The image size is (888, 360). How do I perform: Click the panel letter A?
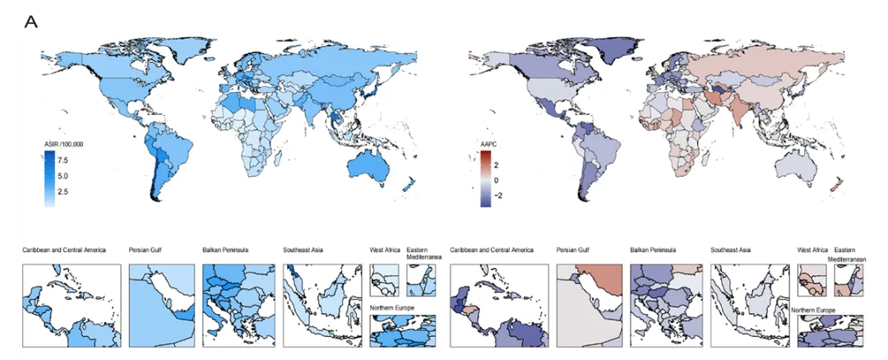coord(30,22)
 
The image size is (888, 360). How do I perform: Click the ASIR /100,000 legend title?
coord(64,145)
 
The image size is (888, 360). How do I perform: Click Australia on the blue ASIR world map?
coord(368,166)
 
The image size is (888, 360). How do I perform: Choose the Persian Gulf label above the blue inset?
coord(144,250)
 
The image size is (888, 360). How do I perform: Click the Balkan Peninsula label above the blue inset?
coord(224,250)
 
